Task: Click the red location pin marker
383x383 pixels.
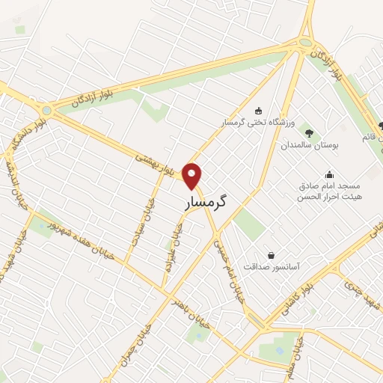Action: [x=193, y=177]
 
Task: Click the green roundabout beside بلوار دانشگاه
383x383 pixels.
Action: [x=47, y=110]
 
